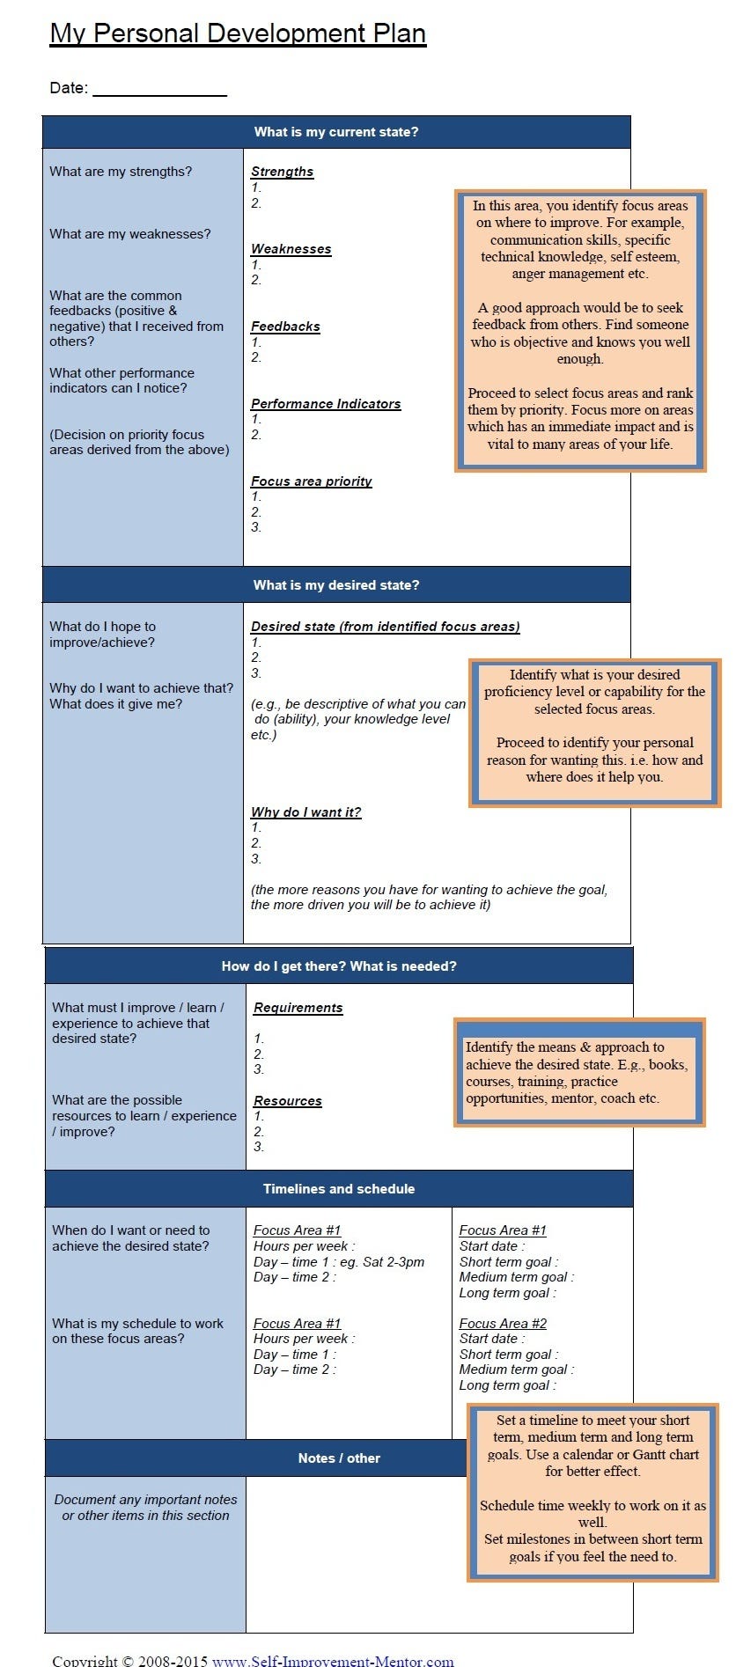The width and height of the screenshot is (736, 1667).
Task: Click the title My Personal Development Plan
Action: (x=238, y=33)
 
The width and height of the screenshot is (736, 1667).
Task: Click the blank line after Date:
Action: (x=159, y=89)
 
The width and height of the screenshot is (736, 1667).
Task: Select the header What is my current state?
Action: (x=336, y=132)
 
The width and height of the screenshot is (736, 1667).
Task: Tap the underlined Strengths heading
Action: (x=282, y=172)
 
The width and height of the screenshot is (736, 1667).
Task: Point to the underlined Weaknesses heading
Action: (x=291, y=249)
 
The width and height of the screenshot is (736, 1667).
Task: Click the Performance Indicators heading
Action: (x=325, y=404)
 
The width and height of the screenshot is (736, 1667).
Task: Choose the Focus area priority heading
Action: (x=311, y=481)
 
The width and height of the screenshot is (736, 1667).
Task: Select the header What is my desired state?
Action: (x=336, y=585)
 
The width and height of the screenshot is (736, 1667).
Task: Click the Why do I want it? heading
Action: (x=305, y=812)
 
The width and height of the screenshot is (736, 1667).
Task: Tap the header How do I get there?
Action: (x=339, y=966)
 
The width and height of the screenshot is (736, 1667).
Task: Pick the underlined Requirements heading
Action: (x=298, y=1008)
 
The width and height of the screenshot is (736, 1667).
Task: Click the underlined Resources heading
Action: (x=287, y=1101)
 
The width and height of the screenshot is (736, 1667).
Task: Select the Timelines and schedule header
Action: (x=339, y=1189)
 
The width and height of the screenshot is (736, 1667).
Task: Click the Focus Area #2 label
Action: (x=503, y=1324)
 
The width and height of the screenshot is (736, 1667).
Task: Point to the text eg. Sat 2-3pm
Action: (x=381, y=1262)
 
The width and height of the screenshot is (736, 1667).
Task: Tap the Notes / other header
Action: (x=339, y=1458)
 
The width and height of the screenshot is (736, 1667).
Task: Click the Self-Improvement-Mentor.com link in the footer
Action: (x=333, y=1659)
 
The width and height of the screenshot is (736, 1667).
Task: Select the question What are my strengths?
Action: (x=121, y=172)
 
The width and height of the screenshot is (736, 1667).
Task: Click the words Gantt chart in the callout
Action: (x=663, y=1455)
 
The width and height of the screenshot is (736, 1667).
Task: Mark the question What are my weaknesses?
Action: (x=130, y=234)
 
